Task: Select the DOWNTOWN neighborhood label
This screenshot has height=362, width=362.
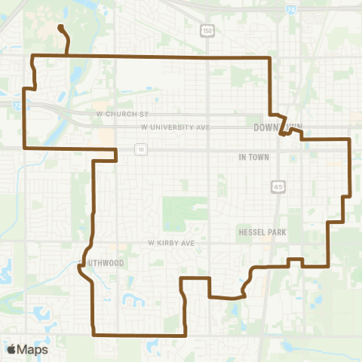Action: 278,127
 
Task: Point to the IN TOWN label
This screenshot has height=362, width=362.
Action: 253,157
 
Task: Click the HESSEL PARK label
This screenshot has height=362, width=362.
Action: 262,232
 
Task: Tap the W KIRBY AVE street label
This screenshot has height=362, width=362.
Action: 171,244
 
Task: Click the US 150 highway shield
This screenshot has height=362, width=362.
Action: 206,29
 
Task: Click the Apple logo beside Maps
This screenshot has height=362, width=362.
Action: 11,349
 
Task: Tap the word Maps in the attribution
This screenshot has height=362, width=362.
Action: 33,349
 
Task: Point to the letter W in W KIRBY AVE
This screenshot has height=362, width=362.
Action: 152,244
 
